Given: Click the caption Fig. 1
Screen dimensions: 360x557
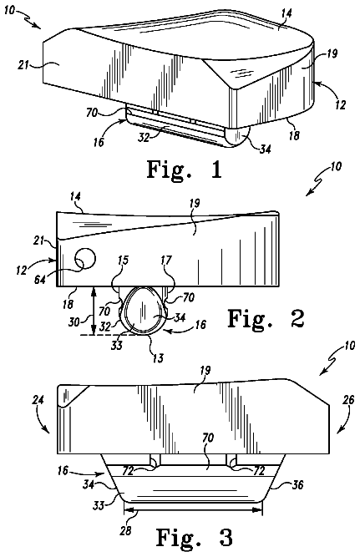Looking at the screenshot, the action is [x=185, y=170].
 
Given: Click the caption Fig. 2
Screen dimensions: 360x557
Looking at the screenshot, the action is [x=266, y=318].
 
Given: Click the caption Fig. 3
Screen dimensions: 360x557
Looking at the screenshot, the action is [x=195, y=538].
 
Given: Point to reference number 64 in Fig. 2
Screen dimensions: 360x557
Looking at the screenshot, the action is [x=40, y=279].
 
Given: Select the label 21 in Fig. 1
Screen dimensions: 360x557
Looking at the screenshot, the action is [x=23, y=65].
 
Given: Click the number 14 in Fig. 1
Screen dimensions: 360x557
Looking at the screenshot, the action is [x=286, y=13].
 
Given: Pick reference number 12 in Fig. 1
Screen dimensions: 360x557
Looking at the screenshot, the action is [x=340, y=104].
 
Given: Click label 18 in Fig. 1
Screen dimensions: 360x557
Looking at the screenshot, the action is [x=294, y=135].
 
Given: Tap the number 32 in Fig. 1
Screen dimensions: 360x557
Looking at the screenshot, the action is [x=144, y=137].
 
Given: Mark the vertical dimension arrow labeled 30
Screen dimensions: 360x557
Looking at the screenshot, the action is [x=93, y=311].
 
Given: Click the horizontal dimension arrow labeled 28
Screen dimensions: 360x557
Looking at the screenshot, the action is [x=193, y=510].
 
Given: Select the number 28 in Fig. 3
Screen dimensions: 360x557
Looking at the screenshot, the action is [x=126, y=531].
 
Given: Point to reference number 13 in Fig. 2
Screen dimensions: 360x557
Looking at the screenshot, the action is [x=158, y=357].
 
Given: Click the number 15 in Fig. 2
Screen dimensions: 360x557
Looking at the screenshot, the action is [x=123, y=261].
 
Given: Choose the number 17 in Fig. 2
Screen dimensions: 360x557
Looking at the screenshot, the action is [x=166, y=261].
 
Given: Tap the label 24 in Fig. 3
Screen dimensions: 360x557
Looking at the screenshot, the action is [x=38, y=400].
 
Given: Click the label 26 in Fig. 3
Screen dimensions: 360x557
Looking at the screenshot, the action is [x=348, y=400].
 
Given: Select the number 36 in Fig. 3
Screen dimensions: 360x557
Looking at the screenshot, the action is [x=297, y=484].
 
